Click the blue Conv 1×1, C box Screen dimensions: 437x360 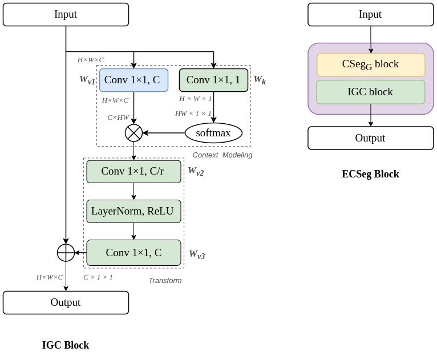(x=133, y=80)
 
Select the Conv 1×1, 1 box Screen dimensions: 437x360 (x=213, y=80)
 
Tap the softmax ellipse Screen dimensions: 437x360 (x=213, y=133)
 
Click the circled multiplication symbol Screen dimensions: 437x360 (x=133, y=133)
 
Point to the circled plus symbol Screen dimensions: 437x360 (x=66, y=253)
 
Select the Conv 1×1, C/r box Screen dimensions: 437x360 (x=133, y=171)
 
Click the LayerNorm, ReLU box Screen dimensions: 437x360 (x=133, y=211)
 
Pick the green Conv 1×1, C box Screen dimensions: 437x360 (x=133, y=253)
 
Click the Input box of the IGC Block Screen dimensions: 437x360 (x=66, y=14)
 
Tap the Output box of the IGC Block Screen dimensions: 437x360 (x=66, y=302)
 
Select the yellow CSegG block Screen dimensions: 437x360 (x=371, y=65)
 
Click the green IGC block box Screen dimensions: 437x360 (x=371, y=92)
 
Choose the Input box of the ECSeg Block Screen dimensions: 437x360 (x=371, y=14)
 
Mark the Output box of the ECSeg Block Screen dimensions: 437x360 (x=371, y=138)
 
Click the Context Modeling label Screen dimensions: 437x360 (x=222, y=155)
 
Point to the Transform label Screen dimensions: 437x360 (x=165, y=280)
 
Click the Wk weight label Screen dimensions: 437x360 (x=260, y=80)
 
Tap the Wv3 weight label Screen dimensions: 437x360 (x=197, y=254)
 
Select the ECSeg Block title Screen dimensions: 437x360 (x=370, y=174)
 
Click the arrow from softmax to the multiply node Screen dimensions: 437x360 (x=164, y=133)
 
